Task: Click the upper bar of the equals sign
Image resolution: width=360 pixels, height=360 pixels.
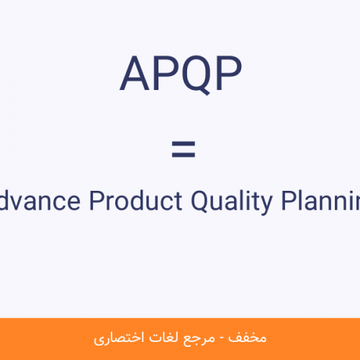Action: (x=184, y=144)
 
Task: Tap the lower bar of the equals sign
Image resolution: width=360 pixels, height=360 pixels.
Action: (x=184, y=155)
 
